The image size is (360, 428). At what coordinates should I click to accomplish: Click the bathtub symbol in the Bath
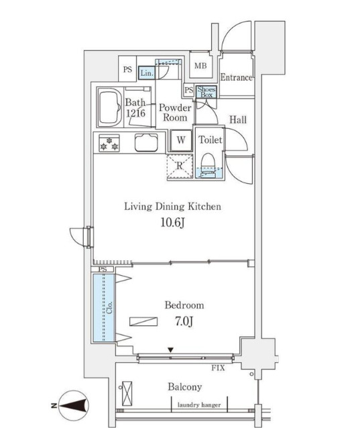(109, 107)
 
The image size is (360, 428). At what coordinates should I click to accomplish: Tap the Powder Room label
(174, 112)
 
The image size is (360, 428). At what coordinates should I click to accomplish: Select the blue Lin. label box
(147, 72)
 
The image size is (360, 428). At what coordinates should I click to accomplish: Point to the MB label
(200, 66)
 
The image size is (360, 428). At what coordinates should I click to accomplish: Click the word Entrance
(236, 77)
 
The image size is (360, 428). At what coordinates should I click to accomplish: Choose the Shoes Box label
(206, 92)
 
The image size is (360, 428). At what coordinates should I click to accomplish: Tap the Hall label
(237, 120)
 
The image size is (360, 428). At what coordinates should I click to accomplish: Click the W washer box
(181, 141)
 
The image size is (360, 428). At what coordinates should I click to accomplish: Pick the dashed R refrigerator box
(180, 167)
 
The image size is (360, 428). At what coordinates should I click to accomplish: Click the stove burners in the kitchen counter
(109, 144)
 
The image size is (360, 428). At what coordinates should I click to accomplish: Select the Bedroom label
(184, 305)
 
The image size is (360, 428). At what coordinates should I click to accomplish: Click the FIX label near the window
(218, 369)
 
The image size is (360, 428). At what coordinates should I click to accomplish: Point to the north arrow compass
(72, 405)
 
